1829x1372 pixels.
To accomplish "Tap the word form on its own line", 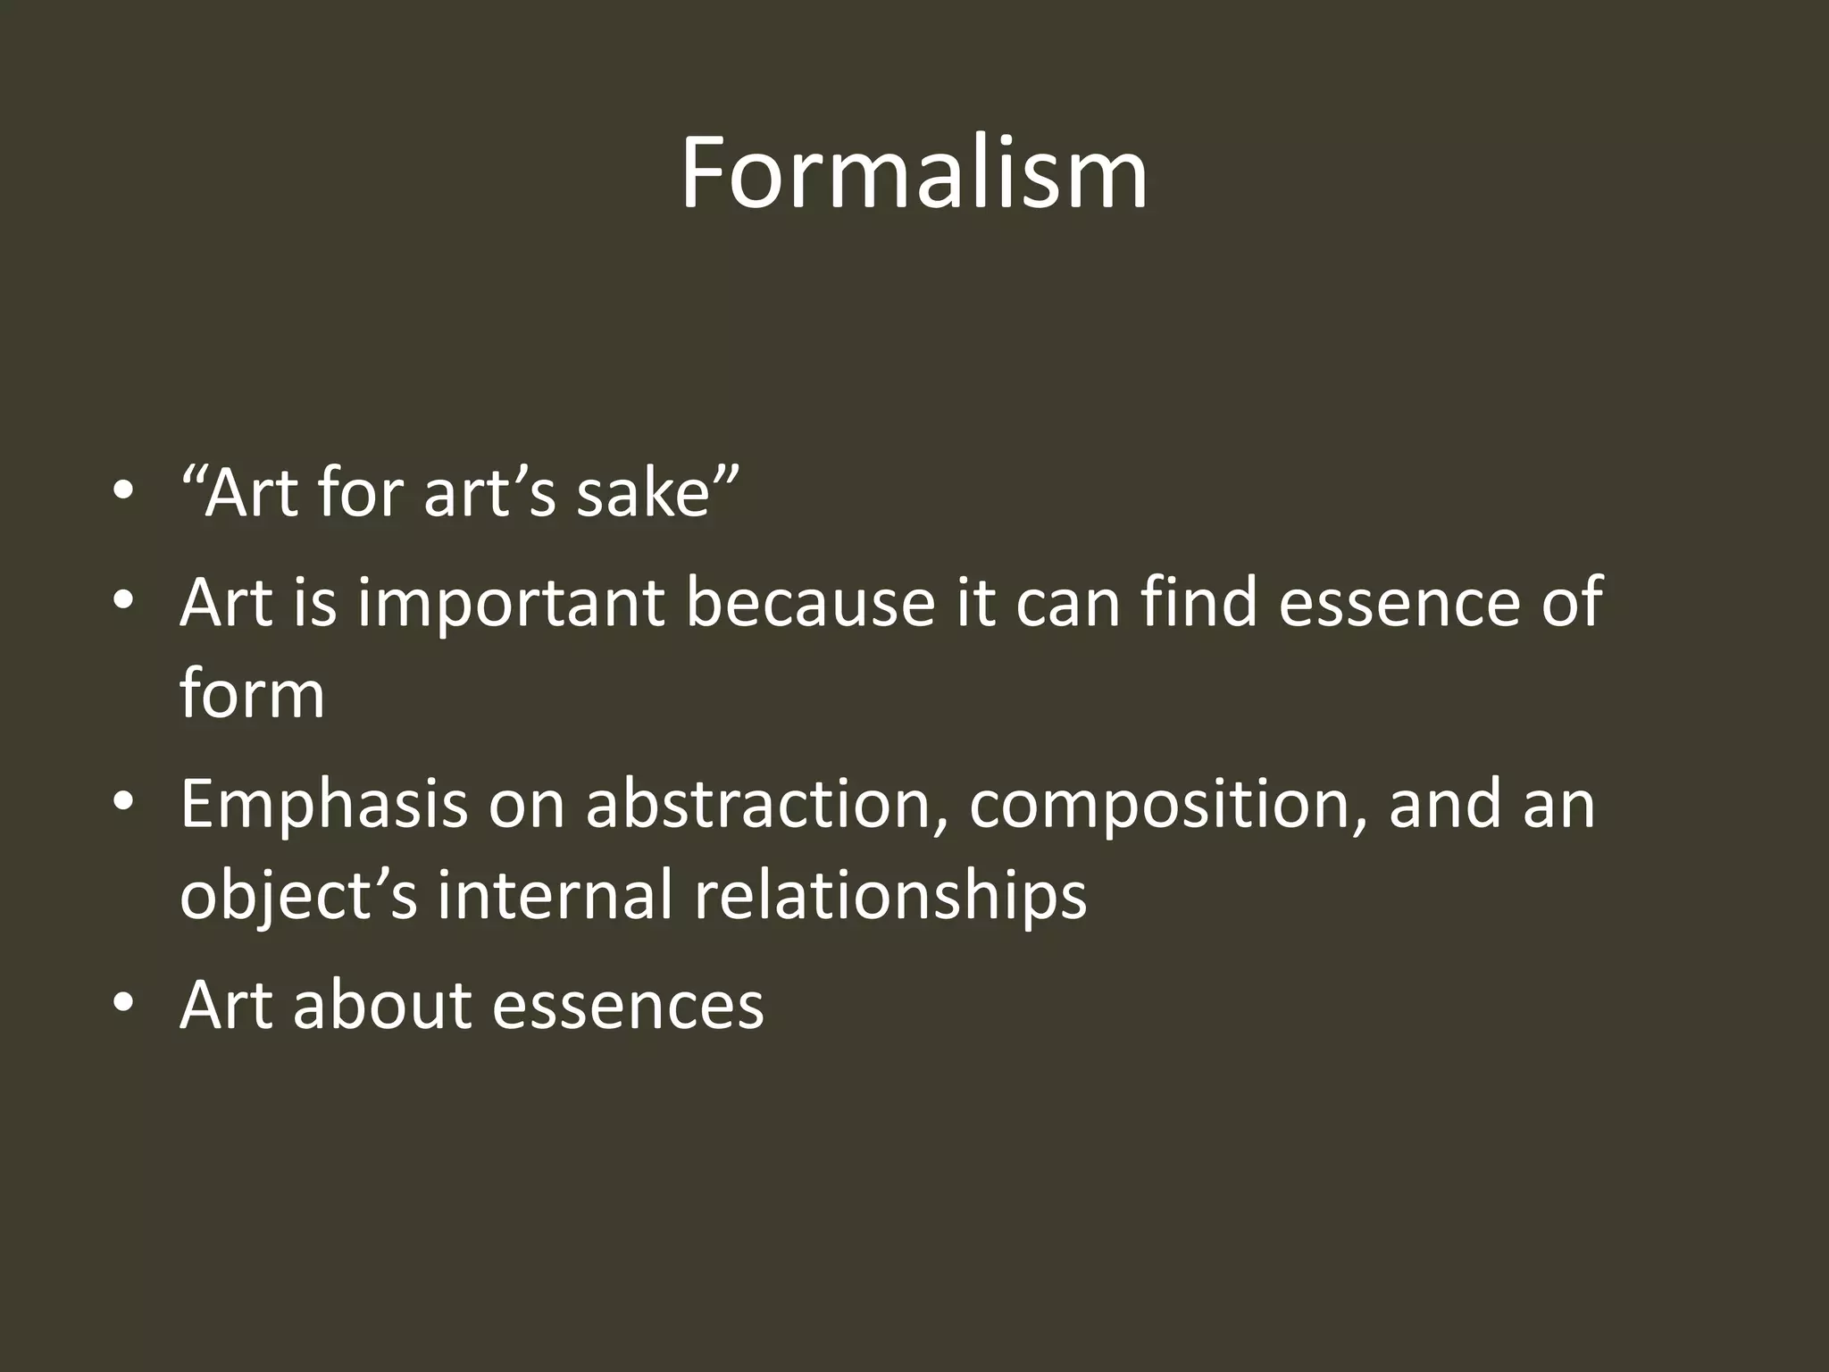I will [253, 694].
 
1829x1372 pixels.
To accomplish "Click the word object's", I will [298, 895].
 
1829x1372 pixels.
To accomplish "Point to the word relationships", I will [890, 895].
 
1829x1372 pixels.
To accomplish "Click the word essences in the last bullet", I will [628, 1005].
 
